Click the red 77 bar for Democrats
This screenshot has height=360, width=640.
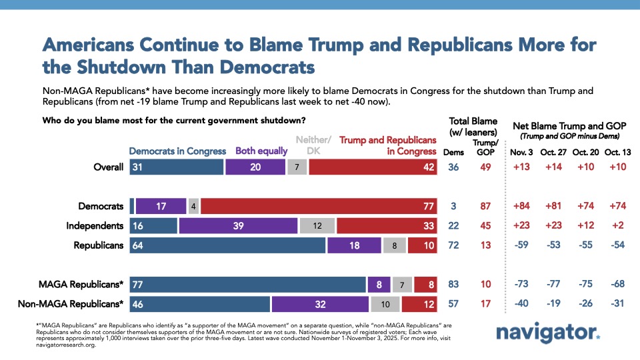click(x=319, y=207)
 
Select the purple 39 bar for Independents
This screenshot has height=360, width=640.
click(x=238, y=226)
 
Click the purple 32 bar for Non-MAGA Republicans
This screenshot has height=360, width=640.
click(x=320, y=305)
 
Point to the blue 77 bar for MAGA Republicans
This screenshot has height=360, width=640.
click(x=247, y=285)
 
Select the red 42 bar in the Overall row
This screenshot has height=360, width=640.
click(x=373, y=168)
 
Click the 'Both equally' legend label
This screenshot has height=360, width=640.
click(x=261, y=151)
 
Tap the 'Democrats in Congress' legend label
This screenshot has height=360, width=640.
click(x=177, y=151)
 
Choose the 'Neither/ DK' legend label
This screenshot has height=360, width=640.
click(x=313, y=145)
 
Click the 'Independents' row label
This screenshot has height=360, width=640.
click(x=95, y=226)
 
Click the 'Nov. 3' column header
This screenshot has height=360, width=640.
click(x=521, y=151)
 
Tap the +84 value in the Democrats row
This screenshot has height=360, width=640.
click(x=521, y=207)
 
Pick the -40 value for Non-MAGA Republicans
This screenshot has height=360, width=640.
click(x=521, y=305)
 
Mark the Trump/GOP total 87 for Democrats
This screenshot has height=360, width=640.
click(x=486, y=207)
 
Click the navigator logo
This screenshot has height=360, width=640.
click(x=548, y=333)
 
